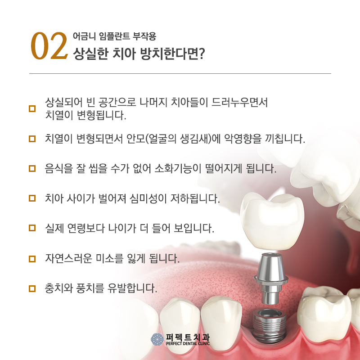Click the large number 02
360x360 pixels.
click(48, 46)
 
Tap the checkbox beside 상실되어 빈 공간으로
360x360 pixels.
click(32, 108)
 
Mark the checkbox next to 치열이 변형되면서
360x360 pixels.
click(32, 139)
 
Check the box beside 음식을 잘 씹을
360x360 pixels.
click(32, 169)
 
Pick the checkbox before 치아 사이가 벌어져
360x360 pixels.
click(32, 198)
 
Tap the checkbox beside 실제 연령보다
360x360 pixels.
click(32, 228)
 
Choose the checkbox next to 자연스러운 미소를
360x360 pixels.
click(32, 259)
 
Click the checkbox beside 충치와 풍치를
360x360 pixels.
click(32, 288)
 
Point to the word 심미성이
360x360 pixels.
click(163, 198)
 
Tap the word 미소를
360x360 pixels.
click(109, 259)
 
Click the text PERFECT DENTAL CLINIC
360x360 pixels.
click(188, 344)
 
